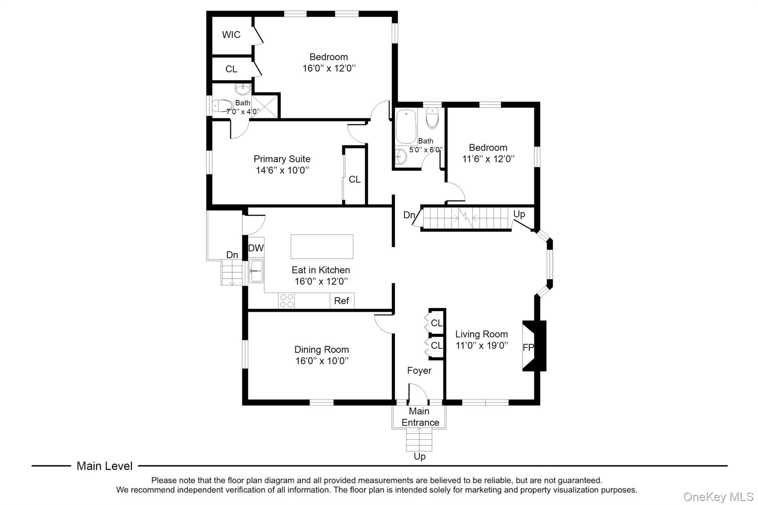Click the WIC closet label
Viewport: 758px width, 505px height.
(x=231, y=35)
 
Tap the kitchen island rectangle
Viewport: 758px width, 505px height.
(x=322, y=246)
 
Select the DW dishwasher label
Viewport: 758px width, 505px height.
(x=256, y=248)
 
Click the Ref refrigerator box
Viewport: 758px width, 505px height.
(x=342, y=301)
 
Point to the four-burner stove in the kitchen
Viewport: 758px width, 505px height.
(x=286, y=300)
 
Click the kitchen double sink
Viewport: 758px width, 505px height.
(x=256, y=271)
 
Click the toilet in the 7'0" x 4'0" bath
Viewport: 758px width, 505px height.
(x=222, y=105)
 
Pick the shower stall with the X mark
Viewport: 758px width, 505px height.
(x=264, y=107)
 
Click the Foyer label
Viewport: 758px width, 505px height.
(x=419, y=371)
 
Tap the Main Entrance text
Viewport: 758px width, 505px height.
(x=420, y=417)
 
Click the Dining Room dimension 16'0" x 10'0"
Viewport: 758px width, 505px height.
(x=322, y=361)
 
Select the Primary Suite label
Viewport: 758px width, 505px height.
(x=282, y=159)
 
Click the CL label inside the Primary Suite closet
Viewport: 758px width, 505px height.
(x=354, y=179)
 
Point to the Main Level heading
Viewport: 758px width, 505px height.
(x=104, y=466)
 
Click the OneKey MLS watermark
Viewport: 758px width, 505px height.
(x=718, y=496)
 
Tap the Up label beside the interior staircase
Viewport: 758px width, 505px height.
(x=519, y=214)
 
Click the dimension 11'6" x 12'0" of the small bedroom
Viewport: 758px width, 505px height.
(x=488, y=159)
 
